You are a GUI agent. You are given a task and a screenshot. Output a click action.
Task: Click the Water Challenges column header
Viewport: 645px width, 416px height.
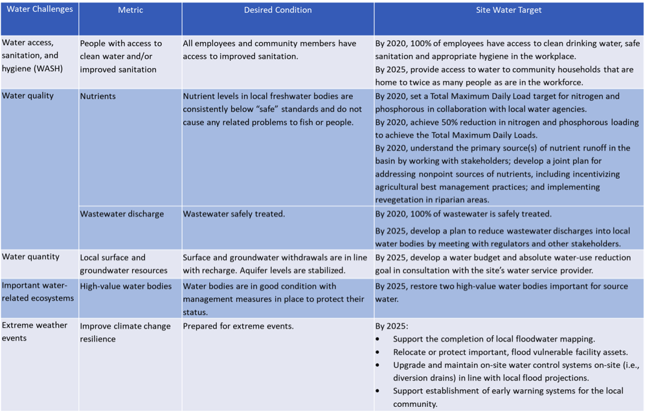click(x=40, y=10)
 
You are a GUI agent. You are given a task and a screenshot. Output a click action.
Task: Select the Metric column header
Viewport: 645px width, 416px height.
click(x=130, y=10)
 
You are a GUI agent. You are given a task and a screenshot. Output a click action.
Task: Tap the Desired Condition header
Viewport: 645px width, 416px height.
click(x=278, y=10)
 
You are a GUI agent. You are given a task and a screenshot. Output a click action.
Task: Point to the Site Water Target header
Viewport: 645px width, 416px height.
click(x=509, y=10)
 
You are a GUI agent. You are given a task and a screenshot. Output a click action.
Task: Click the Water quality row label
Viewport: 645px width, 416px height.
click(x=28, y=96)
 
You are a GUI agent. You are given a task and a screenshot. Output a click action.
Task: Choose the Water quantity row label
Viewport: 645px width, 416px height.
click(x=30, y=257)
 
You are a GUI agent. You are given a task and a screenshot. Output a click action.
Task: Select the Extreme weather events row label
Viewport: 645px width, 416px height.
click(x=34, y=332)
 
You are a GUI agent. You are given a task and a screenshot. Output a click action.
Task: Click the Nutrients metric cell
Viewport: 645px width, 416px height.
click(x=98, y=96)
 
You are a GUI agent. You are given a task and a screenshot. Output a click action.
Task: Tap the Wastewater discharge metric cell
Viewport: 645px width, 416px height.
click(x=122, y=214)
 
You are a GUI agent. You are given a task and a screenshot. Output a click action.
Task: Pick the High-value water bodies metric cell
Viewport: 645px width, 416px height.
click(x=126, y=286)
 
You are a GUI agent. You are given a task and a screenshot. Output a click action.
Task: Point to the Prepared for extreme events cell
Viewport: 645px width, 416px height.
click(x=238, y=326)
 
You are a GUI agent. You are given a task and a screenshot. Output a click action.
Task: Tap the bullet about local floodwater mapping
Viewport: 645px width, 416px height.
click(x=493, y=339)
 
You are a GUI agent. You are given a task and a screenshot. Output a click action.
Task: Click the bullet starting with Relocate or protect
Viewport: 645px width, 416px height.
click(x=510, y=352)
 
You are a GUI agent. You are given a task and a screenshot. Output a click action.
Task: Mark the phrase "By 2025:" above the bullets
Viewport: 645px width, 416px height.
click(x=391, y=326)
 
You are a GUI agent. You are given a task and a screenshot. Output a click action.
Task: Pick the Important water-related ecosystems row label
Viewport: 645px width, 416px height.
click(x=38, y=292)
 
